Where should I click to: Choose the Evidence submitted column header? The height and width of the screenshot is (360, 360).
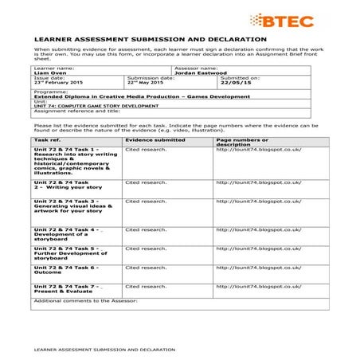[x=155, y=162]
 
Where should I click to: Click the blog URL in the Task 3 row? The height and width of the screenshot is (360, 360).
[x=258, y=222]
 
